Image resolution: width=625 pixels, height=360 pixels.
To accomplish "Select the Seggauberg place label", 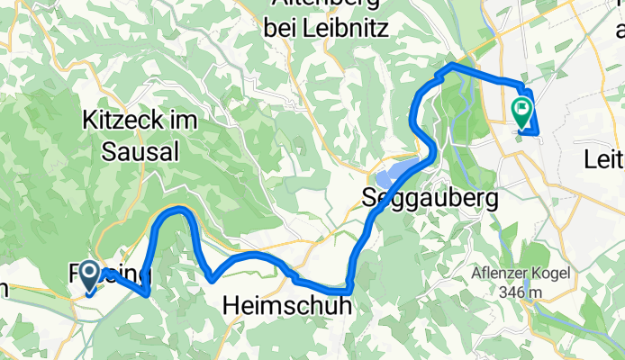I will pos(430,196).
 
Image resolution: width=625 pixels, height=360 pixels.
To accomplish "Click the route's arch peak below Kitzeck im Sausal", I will pos(178,209).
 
